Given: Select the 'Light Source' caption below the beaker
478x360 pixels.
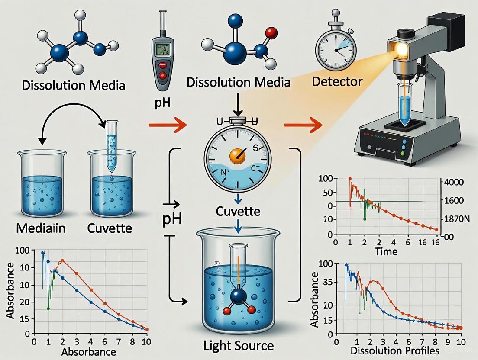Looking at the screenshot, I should (239, 345).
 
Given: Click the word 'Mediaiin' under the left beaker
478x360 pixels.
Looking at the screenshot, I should (40, 228).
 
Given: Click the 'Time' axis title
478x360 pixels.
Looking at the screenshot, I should (386, 251).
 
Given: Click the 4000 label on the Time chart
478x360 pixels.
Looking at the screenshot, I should (451, 183).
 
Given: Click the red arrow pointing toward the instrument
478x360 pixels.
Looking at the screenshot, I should (303, 125).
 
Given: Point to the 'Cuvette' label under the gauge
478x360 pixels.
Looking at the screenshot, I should (239, 212).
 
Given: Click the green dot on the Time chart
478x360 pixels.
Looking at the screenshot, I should (365, 219).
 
